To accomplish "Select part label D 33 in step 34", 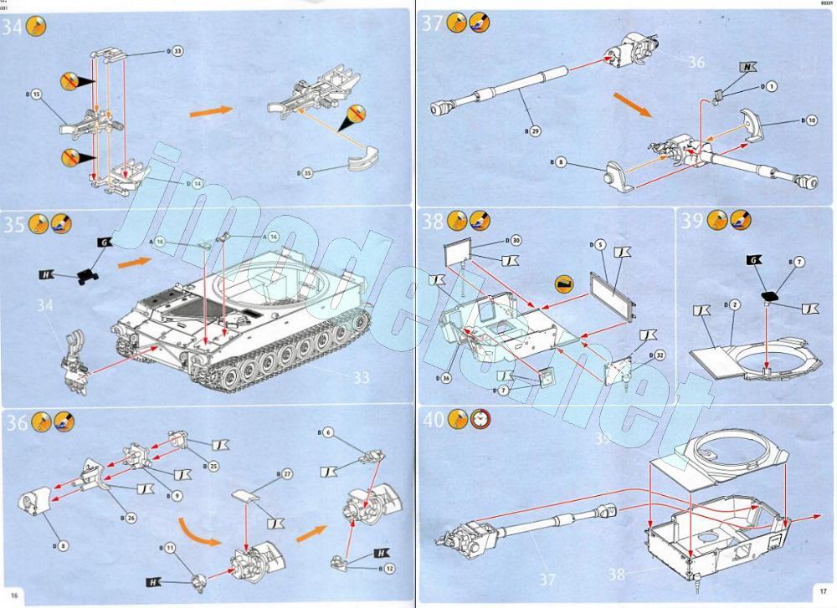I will [x=175, y=52].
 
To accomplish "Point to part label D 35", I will [x=304, y=173].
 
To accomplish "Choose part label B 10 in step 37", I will [x=807, y=120].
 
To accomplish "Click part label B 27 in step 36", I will [x=284, y=474].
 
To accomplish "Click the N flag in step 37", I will [x=747, y=66].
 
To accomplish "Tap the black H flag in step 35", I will [x=47, y=274].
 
